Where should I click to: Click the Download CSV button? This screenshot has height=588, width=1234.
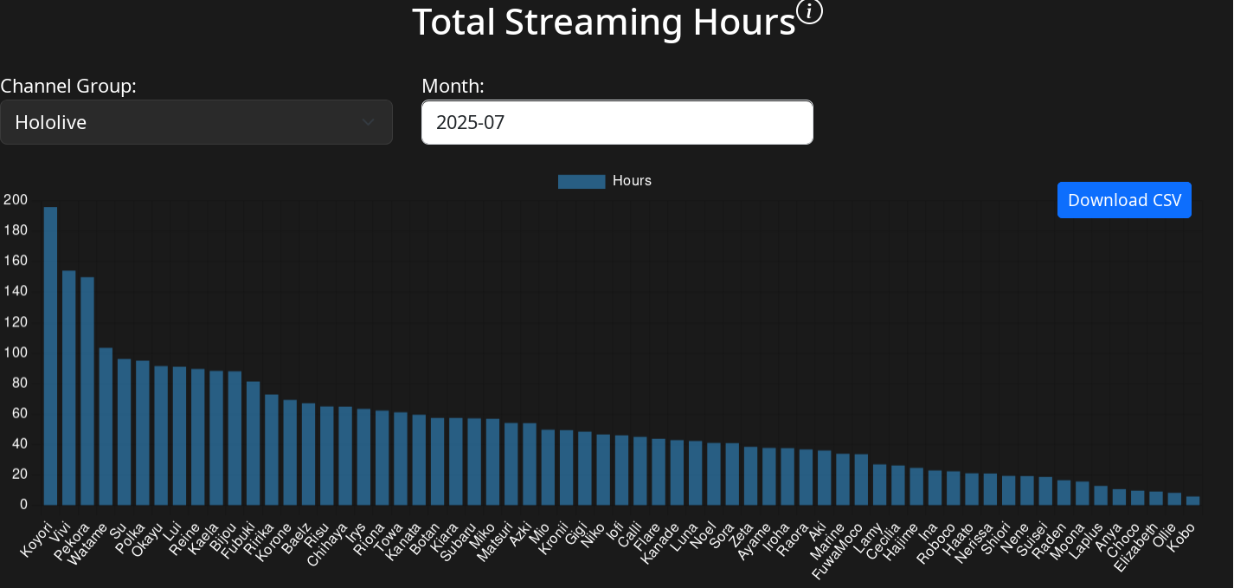coord(1124,200)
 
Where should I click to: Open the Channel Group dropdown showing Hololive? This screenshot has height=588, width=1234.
coord(196,122)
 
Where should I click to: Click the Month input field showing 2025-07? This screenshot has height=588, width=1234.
coord(617,122)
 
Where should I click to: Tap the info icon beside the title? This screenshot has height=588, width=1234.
coord(809,12)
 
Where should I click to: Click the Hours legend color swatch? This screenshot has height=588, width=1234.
coord(581,181)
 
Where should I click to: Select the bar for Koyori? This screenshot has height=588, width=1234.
coord(50,355)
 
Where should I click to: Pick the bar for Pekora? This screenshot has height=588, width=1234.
coord(87,391)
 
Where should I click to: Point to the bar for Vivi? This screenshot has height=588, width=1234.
coord(69,387)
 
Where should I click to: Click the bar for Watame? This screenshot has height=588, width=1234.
coord(106,426)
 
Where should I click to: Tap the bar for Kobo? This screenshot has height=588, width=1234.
coord(1192,500)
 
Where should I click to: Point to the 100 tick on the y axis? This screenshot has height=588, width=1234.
coord(16,352)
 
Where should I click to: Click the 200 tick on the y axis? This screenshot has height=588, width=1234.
coord(16,200)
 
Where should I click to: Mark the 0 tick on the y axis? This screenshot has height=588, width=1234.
coord(23,505)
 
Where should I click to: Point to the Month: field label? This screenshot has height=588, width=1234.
coord(453,86)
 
